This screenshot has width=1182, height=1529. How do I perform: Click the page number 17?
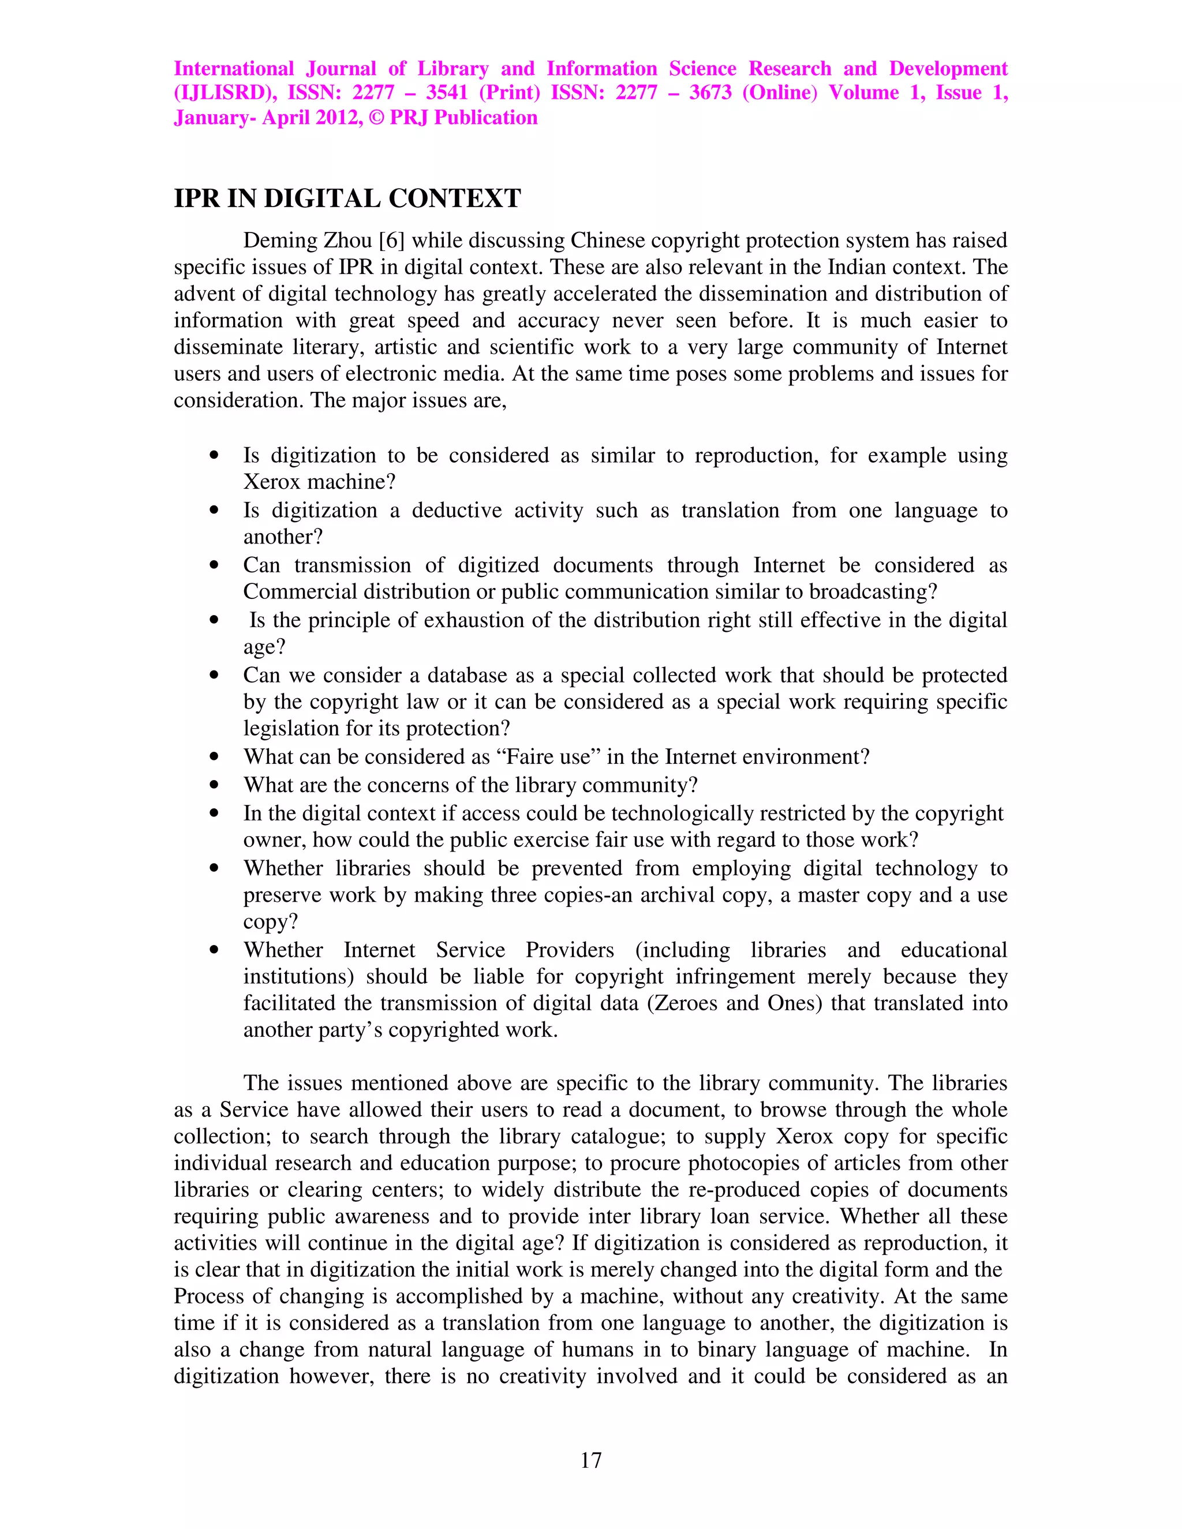tap(590, 1460)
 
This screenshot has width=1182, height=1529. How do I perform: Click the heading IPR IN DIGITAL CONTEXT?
tap(347, 199)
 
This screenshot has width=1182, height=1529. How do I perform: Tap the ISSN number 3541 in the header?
tap(447, 92)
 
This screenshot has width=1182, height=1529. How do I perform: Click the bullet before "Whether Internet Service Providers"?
tap(214, 951)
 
